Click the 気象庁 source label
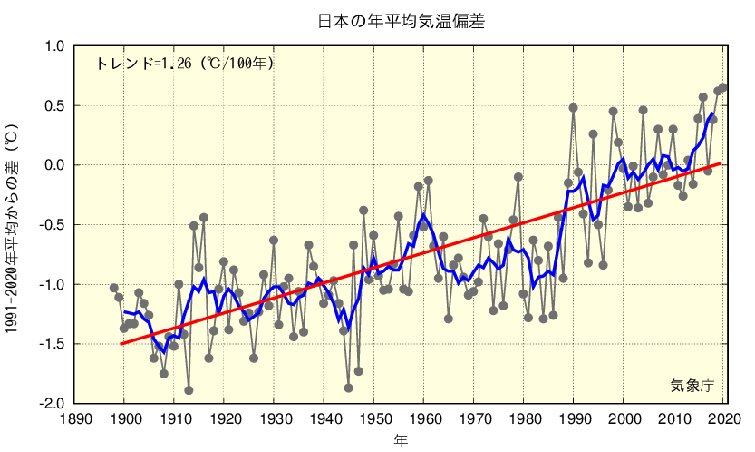(692, 386)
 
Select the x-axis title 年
(401, 441)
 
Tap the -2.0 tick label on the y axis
(52, 403)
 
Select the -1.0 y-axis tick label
(52, 284)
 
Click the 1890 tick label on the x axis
(75, 418)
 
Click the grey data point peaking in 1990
(573, 108)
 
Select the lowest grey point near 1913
(189, 390)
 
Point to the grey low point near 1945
(348, 388)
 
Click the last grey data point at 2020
(723, 88)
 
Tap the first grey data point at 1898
(114, 288)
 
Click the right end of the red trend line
(721, 163)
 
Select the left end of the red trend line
(121, 344)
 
